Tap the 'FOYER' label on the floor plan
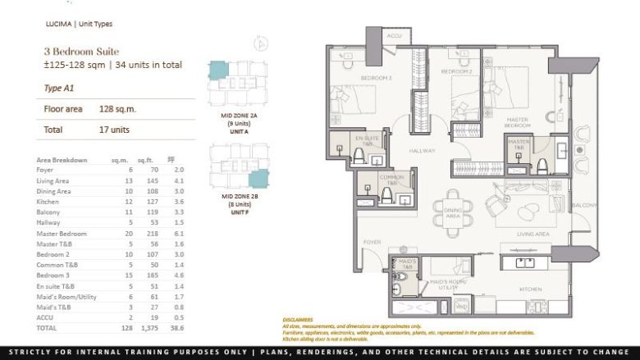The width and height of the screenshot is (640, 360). (373, 242)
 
